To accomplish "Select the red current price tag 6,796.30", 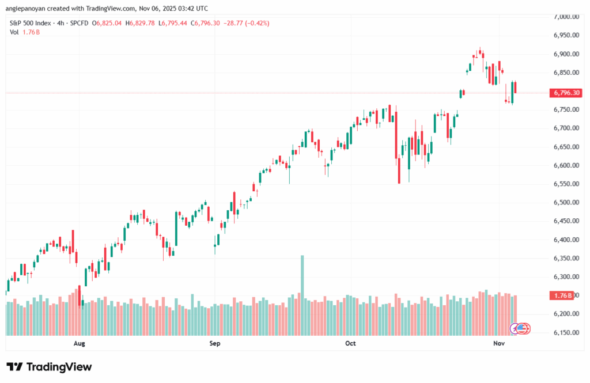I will pos(566,93).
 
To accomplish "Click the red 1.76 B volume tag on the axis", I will pos(562,295).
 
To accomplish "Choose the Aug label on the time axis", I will pos(80,343).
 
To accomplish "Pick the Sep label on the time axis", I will pos(215,343).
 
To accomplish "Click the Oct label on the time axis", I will pos(350,343).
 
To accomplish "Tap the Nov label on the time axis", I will pos(499,343).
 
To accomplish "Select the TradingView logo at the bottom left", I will pos(49,367).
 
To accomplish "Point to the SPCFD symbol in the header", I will pos(87,23).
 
